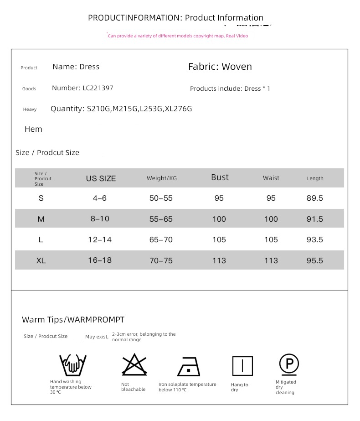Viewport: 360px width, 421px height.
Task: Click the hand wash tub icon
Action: [72, 365]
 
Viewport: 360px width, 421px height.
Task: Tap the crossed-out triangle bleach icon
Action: [134, 365]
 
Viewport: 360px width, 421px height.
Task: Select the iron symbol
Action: [188, 366]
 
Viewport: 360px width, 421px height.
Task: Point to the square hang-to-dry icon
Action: [242, 366]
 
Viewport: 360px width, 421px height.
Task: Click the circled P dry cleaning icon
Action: [289, 364]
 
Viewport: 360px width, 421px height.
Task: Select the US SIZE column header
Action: [101, 178]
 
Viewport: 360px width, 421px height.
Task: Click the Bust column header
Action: [220, 177]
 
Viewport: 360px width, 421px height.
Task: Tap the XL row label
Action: [41, 260]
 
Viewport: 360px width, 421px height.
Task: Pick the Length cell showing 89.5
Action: [314, 198]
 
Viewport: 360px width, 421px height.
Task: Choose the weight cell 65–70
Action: [161, 239]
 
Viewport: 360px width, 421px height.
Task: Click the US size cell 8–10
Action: [100, 218]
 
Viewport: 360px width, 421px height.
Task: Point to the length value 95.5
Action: [314, 260]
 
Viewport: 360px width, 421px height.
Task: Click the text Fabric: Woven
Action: [220, 67]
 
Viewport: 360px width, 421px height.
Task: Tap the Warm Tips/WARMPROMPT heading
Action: [73, 320]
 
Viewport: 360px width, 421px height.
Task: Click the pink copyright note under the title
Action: [178, 36]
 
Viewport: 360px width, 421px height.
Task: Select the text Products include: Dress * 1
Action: [230, 88]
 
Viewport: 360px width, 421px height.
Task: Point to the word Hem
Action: [33, 129]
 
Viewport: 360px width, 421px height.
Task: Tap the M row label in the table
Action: [41, 219]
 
